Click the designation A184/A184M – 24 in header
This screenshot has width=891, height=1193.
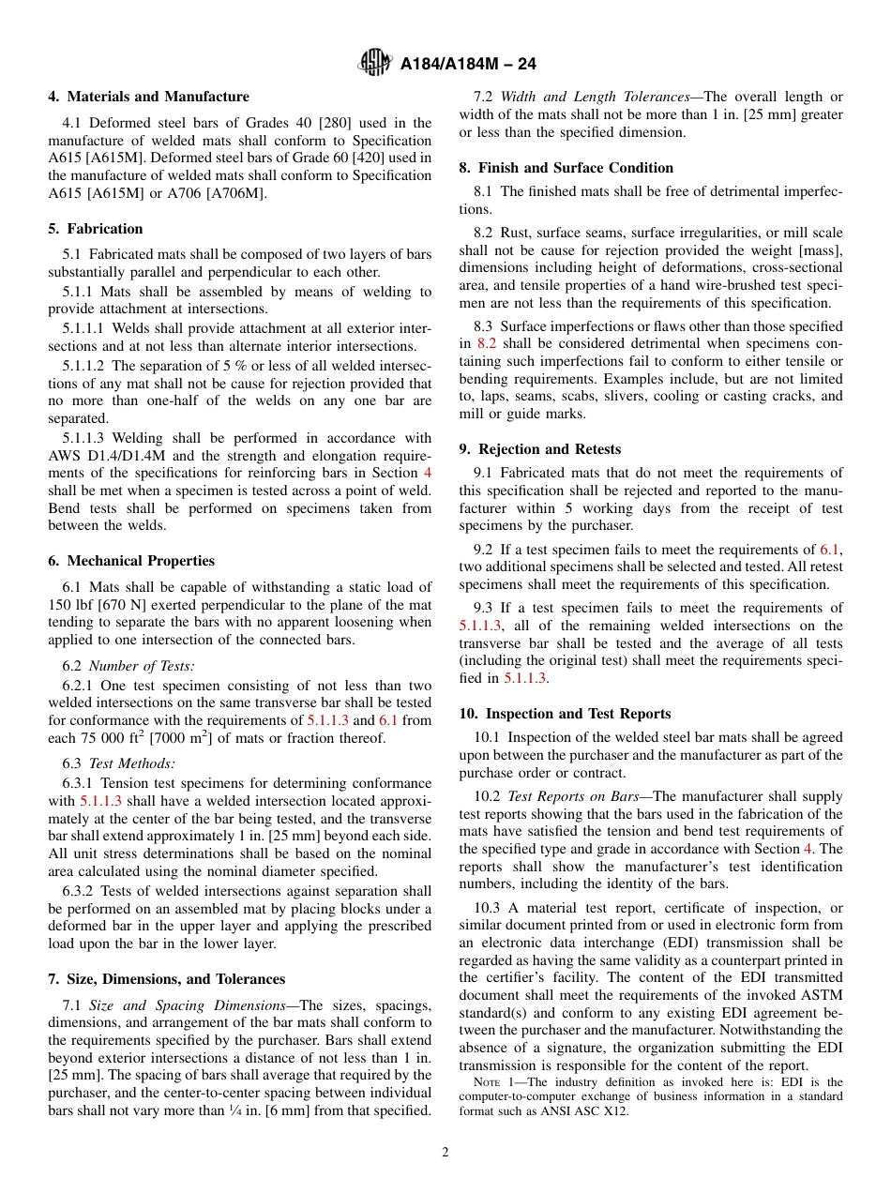point(468,65)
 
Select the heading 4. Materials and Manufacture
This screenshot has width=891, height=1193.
point(148,97)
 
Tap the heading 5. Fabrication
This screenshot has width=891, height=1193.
point(96,229)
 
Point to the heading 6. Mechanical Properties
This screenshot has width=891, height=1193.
point(131,561)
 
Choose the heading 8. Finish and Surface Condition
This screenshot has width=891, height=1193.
point(566,168)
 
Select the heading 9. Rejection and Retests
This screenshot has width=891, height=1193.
point(539,449)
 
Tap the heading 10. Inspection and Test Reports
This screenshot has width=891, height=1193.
point(565,714)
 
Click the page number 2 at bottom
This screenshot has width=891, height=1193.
point(445,1153)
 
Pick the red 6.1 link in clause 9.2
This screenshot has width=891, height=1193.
point(829,550)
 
